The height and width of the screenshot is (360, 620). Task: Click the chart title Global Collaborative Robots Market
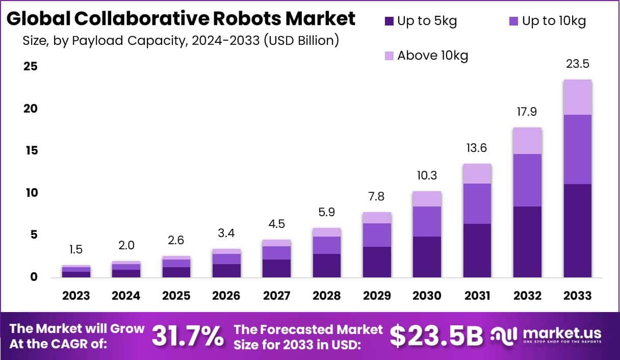(181, 19)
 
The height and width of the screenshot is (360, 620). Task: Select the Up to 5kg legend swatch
(390, 21)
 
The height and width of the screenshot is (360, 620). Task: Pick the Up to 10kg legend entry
(548, 21)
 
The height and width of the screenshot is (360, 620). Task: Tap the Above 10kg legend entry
(426, 56)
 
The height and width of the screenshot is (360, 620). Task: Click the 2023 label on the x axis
(76, 296)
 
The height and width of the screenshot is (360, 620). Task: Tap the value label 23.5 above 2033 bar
(578, 64)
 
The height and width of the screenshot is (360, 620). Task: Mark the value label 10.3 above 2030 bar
(427, 175)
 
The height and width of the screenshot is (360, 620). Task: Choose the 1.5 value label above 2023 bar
(76, 250)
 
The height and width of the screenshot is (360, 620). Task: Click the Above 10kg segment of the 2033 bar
(578, 97)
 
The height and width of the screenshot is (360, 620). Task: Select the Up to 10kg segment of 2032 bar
(527, 180)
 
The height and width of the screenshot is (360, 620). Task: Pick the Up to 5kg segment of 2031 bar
(477, 250)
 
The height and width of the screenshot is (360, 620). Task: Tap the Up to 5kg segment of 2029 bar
(377, 262)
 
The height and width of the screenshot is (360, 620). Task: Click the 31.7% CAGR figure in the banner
(188, 336)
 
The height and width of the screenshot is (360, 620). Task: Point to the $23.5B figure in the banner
(436, 336)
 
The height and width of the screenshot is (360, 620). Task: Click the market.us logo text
(561, 333)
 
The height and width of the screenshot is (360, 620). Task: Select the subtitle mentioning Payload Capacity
(181, 41)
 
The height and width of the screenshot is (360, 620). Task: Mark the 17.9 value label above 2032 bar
(527, 112)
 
